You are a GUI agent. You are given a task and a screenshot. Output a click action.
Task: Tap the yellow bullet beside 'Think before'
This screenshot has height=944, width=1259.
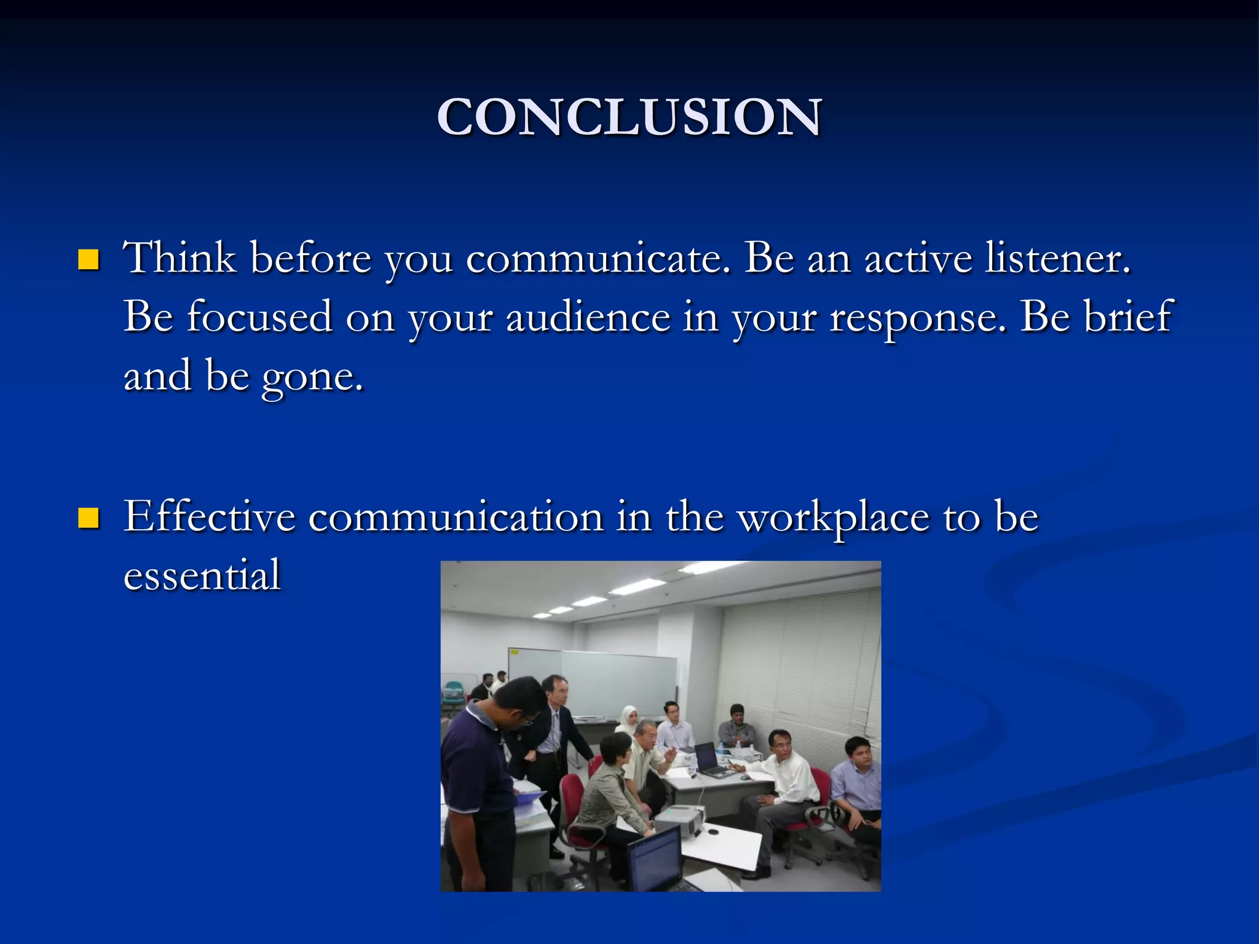coord(89,260)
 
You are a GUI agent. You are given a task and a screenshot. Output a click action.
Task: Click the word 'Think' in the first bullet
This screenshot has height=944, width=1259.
coord(180,258)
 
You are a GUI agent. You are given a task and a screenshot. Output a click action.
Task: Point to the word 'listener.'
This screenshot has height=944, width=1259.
coord(1057,258)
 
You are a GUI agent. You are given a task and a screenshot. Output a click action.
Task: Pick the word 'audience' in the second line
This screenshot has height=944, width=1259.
coord(588,318)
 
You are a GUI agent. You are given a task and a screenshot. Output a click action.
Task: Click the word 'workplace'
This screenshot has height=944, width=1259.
coord(833,518)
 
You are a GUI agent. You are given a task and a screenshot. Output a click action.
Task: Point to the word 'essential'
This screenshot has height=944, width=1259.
coord(202,575)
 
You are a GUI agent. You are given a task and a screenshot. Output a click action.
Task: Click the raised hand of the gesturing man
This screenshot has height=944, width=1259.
coord(670,753)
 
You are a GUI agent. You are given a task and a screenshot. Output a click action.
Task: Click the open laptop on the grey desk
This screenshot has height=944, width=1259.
coord(709,760)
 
